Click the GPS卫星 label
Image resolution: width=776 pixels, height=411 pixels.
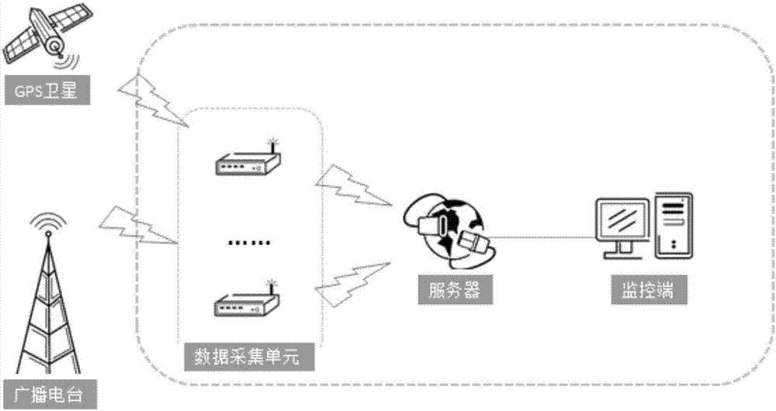click(x=47, y=92)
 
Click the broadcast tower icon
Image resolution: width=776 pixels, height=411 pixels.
click(x=48, y=310)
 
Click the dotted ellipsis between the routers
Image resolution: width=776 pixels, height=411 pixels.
click(x=249, y=243)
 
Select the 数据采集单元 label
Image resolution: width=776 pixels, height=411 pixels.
click(x=247, y=358)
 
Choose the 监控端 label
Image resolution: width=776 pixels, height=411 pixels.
click(x=643, y=292)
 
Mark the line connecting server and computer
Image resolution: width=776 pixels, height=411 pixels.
click(x=543, y=237)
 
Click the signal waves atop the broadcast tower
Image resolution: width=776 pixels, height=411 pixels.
click(x=48, y=223)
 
